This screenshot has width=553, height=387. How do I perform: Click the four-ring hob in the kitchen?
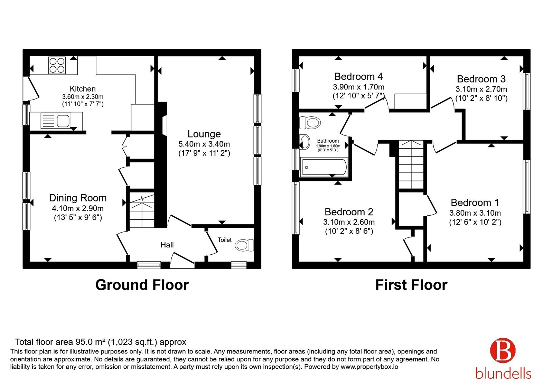[x=57, y=65]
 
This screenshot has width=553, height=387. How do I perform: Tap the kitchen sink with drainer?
[x=56, y=121]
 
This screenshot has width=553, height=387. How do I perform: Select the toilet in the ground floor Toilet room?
[x=244, y=245]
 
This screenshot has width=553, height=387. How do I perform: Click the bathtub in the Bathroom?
[x=324, y=168]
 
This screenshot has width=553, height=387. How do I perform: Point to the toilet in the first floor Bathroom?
[x=310, y=123]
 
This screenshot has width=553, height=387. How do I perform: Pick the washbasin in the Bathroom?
[x=304, y=142]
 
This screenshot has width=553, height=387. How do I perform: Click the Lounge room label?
[x=204, y=134]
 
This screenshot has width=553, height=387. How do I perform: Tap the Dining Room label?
[x=78, y=198]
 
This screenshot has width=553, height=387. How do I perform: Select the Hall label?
[x=167, y=245]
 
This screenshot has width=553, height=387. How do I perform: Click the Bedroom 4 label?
[x=358, y=76]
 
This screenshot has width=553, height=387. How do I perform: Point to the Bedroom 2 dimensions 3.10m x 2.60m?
[x=349, y=222]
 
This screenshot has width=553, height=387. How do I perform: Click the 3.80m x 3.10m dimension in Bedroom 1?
[x=475, y=213]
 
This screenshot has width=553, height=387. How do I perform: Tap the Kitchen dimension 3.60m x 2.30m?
[x=83, y=97]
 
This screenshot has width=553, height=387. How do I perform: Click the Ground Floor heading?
[x=142, y=285]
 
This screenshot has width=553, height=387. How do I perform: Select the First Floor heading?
[x=411, y=285]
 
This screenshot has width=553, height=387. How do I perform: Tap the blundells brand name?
[x=503, y=374]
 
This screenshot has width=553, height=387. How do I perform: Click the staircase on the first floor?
[x=411, y=164]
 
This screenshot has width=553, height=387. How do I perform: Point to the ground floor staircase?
[x=142, y=210]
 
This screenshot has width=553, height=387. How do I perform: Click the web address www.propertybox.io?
[x=369, y=367]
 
